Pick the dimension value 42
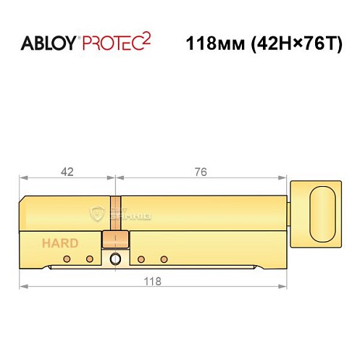pyautogui.click(x=67, y=172)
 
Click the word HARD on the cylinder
pyautogui.click(x=59, y=243)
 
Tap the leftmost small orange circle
pyautogui.click(x=66, y=259)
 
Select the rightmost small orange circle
pyautogui.click(x=164, y=259)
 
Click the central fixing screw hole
pyautogui.click(x=114, y=260)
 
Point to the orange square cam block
pyautogui.click(x=114, y=240)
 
